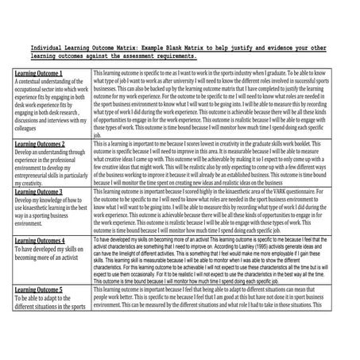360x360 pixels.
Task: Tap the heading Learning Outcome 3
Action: pos(40,192)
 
